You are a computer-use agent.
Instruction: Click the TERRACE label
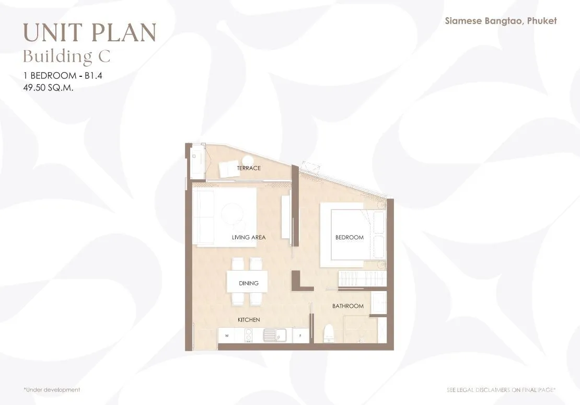tap(249, 168)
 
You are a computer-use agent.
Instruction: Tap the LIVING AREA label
tap(249, 237)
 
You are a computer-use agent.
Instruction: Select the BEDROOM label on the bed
tap(349, 237)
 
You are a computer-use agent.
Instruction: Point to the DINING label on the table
tap(249, 283)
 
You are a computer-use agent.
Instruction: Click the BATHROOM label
tap(347, 306)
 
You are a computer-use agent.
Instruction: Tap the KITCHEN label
tap(249, 320)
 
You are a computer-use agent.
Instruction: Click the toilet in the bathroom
tap(329, 334)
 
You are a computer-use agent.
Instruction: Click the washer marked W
tap(227, 336)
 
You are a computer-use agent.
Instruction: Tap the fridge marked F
tap(300, 336)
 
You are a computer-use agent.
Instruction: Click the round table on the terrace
tap(248, 160)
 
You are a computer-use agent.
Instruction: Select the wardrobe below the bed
tap(363, 279)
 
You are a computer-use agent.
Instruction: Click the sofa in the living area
tap(203, 217)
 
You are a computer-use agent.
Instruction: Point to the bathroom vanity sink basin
tap(379, 303)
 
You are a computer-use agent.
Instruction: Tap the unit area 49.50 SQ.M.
tap(48, 88)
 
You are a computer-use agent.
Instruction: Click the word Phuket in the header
tap(542, 21)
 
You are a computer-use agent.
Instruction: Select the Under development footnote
tap(52, 390)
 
